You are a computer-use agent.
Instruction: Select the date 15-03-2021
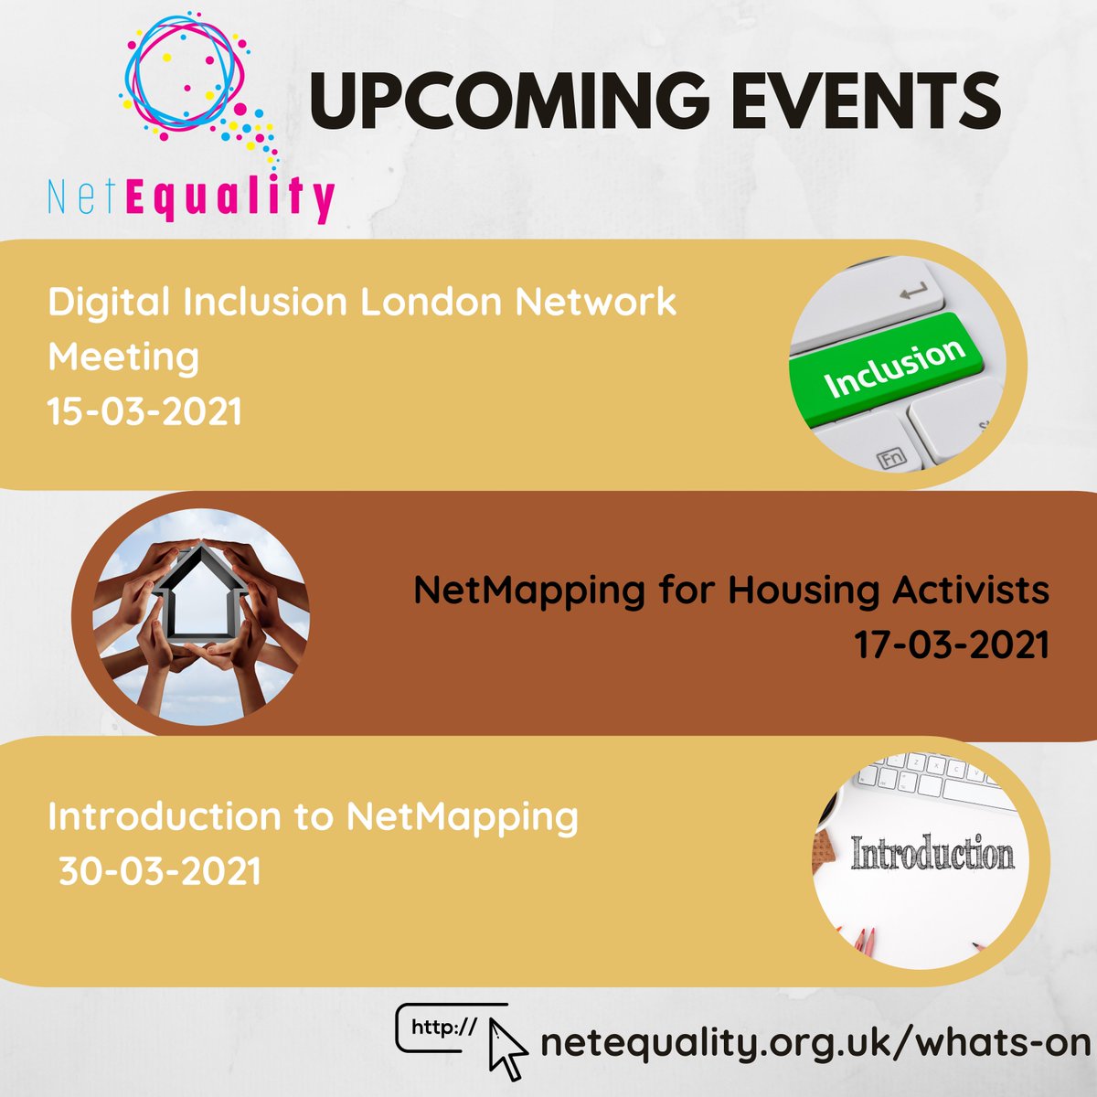[x=144, y=411]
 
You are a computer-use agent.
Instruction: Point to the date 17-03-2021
[x=952, y=645]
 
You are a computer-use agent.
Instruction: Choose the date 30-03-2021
[x=160, y=870]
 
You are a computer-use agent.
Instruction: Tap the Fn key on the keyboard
[x=890, y=457]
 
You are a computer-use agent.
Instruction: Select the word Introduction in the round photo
[x=932, y=854]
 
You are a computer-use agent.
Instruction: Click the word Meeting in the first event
[x=123, y=357]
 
